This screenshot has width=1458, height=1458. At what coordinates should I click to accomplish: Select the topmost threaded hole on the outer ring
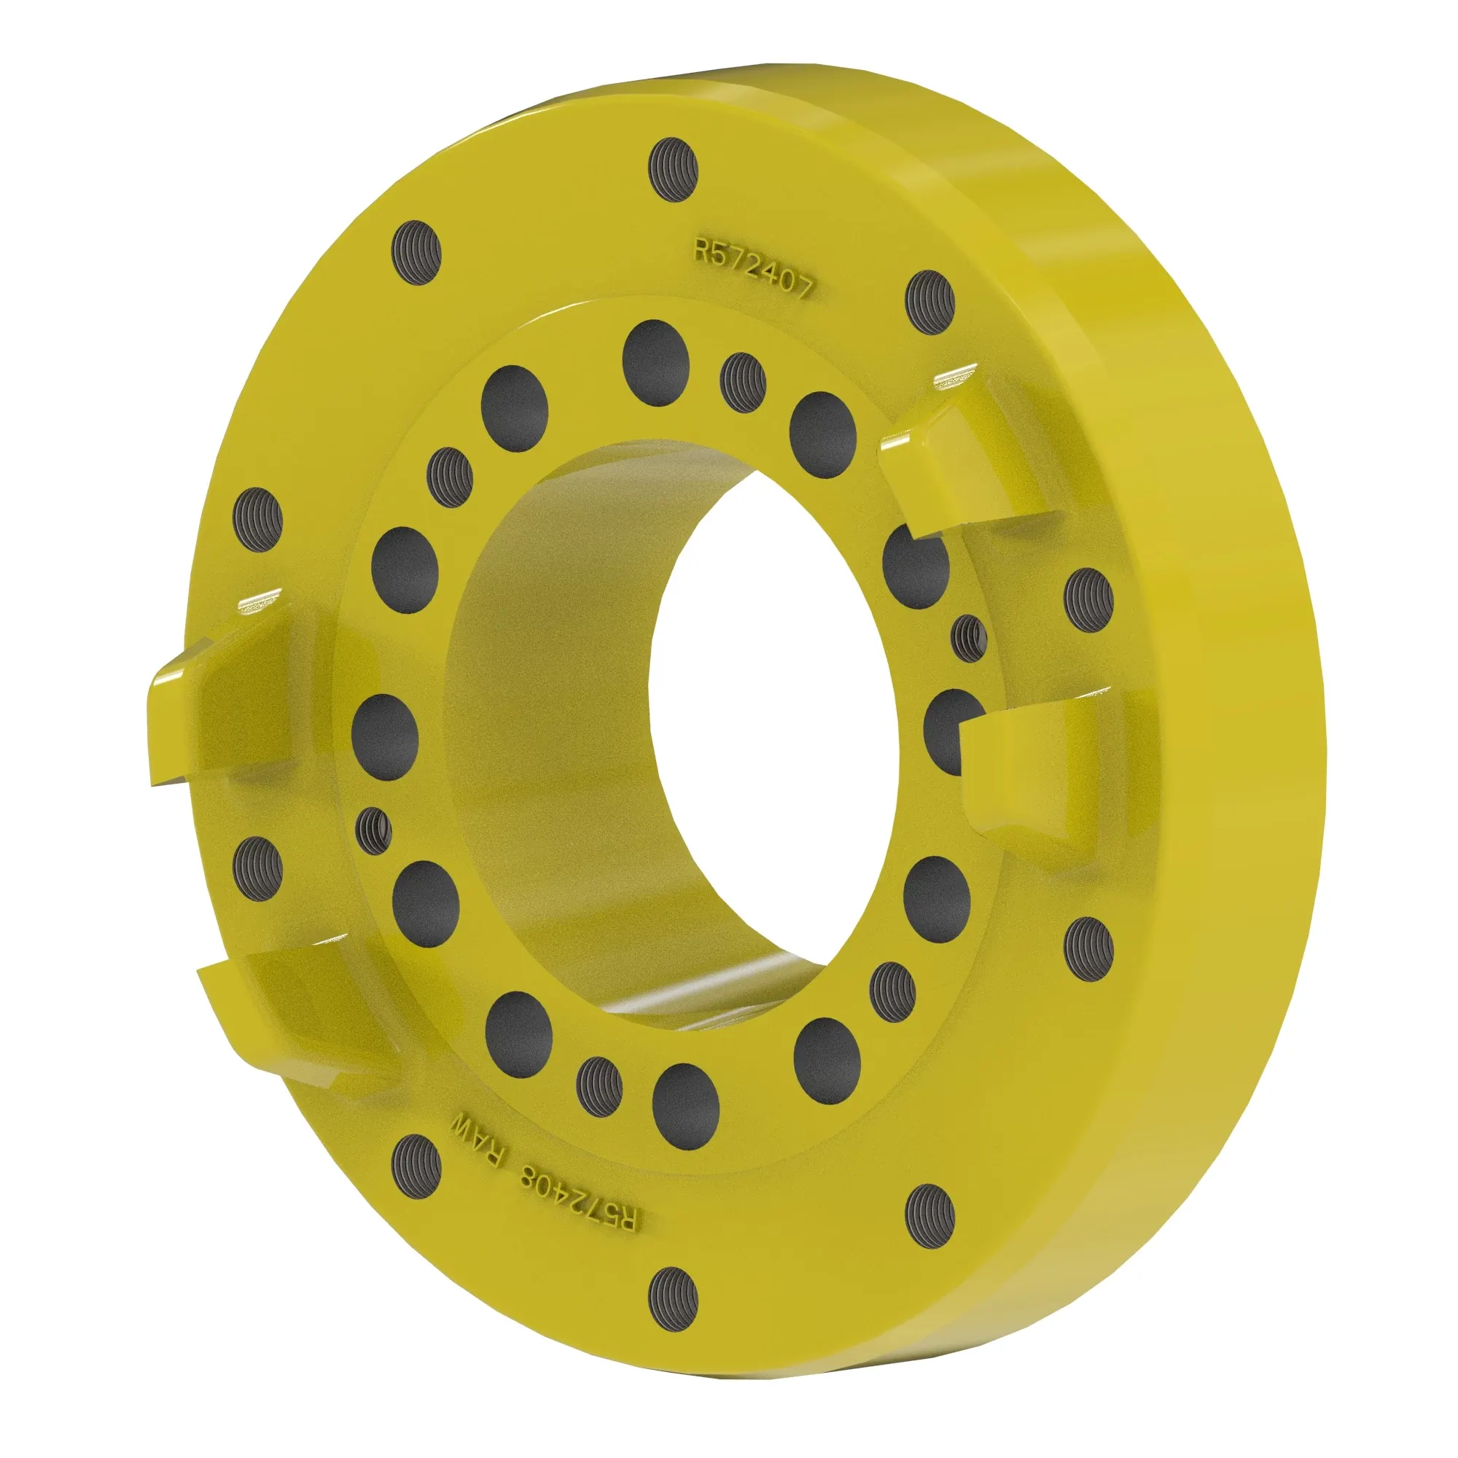pos(674,171)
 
